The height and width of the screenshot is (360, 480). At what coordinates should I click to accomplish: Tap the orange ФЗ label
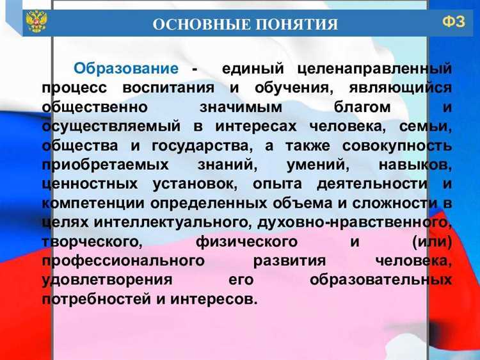pos(453,22)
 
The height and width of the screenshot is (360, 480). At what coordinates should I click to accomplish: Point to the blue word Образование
pos(125,68)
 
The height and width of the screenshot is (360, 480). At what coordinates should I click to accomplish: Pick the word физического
pos(246,242)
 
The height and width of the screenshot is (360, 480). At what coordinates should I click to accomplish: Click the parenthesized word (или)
pos(433,242)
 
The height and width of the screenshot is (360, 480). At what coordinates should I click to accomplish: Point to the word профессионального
pos(123,261)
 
